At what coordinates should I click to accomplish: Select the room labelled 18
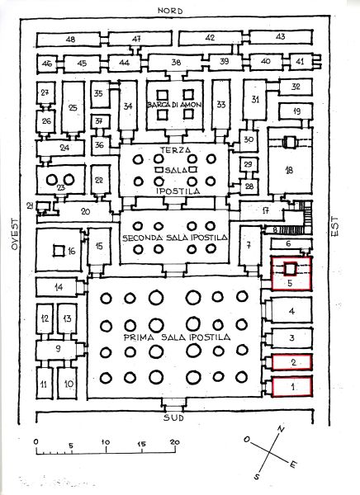(x=290, y=160)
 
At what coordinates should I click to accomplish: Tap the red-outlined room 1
(x=292, y=385)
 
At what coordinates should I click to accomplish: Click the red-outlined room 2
(x=292, y=362)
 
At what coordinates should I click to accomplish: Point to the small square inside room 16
(x=59, y=251)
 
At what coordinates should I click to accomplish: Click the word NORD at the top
(x=170, y=11)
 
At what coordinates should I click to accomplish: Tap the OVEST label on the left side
(x=15, y=234)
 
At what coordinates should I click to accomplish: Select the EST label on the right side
(x=334, y=226)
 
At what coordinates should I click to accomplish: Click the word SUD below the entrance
(x=173, y=418)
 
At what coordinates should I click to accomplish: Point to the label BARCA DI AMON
(x=174, y=105)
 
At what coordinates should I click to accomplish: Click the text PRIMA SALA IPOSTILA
(x=177, y=337)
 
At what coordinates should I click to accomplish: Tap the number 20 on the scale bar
(x=174, y=441)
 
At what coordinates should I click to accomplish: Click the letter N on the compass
(x=281, y=429)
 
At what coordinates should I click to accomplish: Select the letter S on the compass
(x=258, y=476)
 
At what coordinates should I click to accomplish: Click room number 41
(x=300, y=61)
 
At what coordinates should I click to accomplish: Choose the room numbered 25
(x=73, y=107)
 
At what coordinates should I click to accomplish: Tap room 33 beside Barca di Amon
(x=221, y=105)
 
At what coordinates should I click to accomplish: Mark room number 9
(x=58, y=348)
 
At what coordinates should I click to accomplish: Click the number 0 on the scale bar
(x=36, y=441)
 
